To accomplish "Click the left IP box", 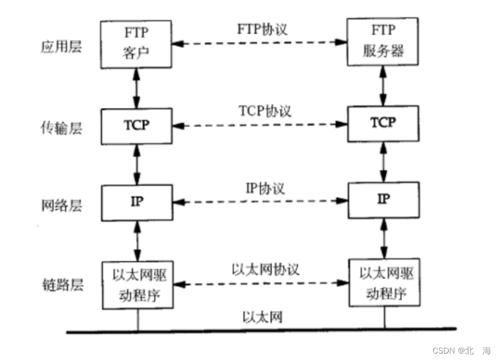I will [x=137, y=202].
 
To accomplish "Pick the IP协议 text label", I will [x=264, y=189].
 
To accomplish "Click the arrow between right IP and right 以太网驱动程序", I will [x=384, y=238].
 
